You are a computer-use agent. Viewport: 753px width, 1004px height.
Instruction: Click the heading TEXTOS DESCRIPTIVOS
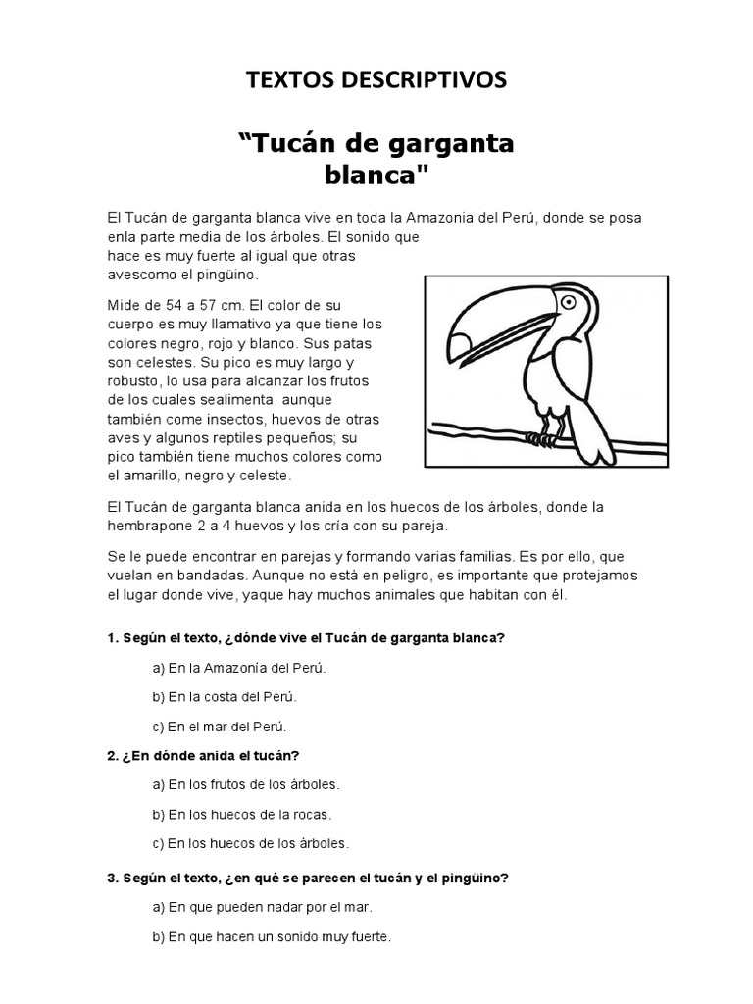tap(376, 80)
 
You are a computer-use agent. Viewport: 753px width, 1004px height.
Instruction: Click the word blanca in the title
tap(376, 177)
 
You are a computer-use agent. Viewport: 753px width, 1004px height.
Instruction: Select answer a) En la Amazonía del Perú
tap(238, 668)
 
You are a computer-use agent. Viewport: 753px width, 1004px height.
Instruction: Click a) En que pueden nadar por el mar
tap(262, 907)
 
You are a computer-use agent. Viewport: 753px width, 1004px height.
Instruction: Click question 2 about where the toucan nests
tap(203, 755)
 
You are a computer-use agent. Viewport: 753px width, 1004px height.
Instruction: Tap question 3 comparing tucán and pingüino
tap(308, 878)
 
